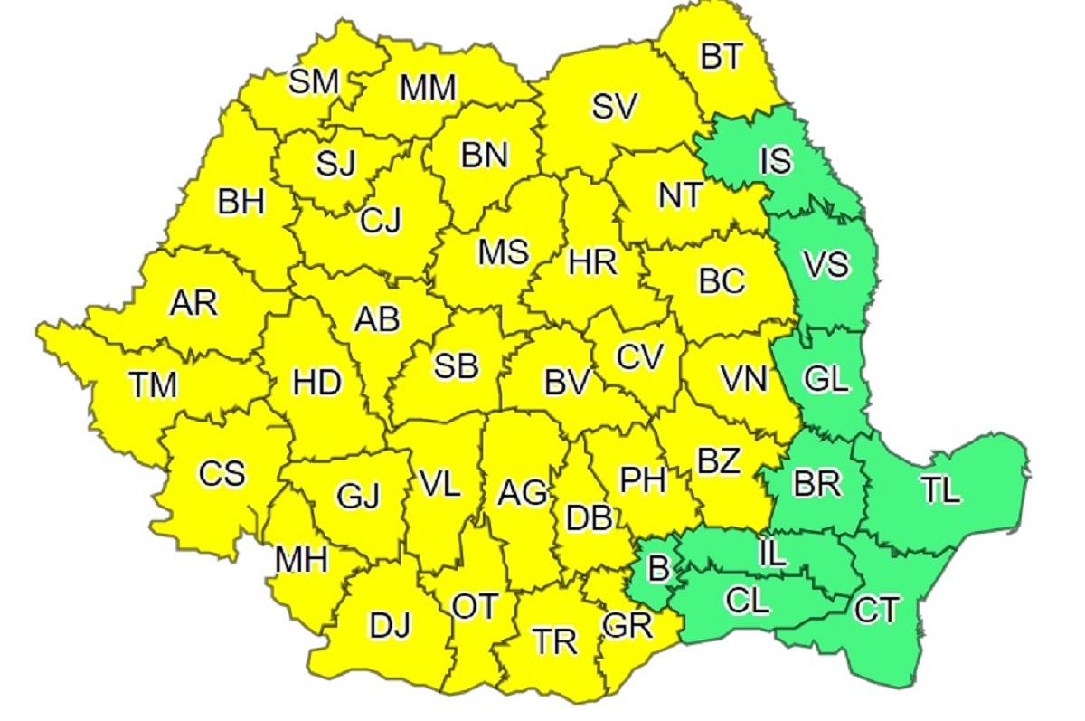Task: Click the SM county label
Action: [314, 81]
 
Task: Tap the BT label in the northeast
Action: [721, 57]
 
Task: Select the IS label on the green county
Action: [776, 161]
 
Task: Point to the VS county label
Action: [826, 266]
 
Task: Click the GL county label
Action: [826, 380]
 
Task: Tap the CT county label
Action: [876, 611]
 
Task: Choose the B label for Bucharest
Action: [659, 570]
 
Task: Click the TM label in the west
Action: [152, 385]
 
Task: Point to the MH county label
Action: [301, 562]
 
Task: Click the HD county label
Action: [317, 383]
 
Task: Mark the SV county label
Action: [615, 107]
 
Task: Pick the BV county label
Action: [567, 382]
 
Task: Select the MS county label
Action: [504, 252]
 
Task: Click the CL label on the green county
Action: [748, 600]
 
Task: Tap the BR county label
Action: [817, 484]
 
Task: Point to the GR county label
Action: [626, 627]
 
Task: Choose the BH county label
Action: [241, 201]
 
